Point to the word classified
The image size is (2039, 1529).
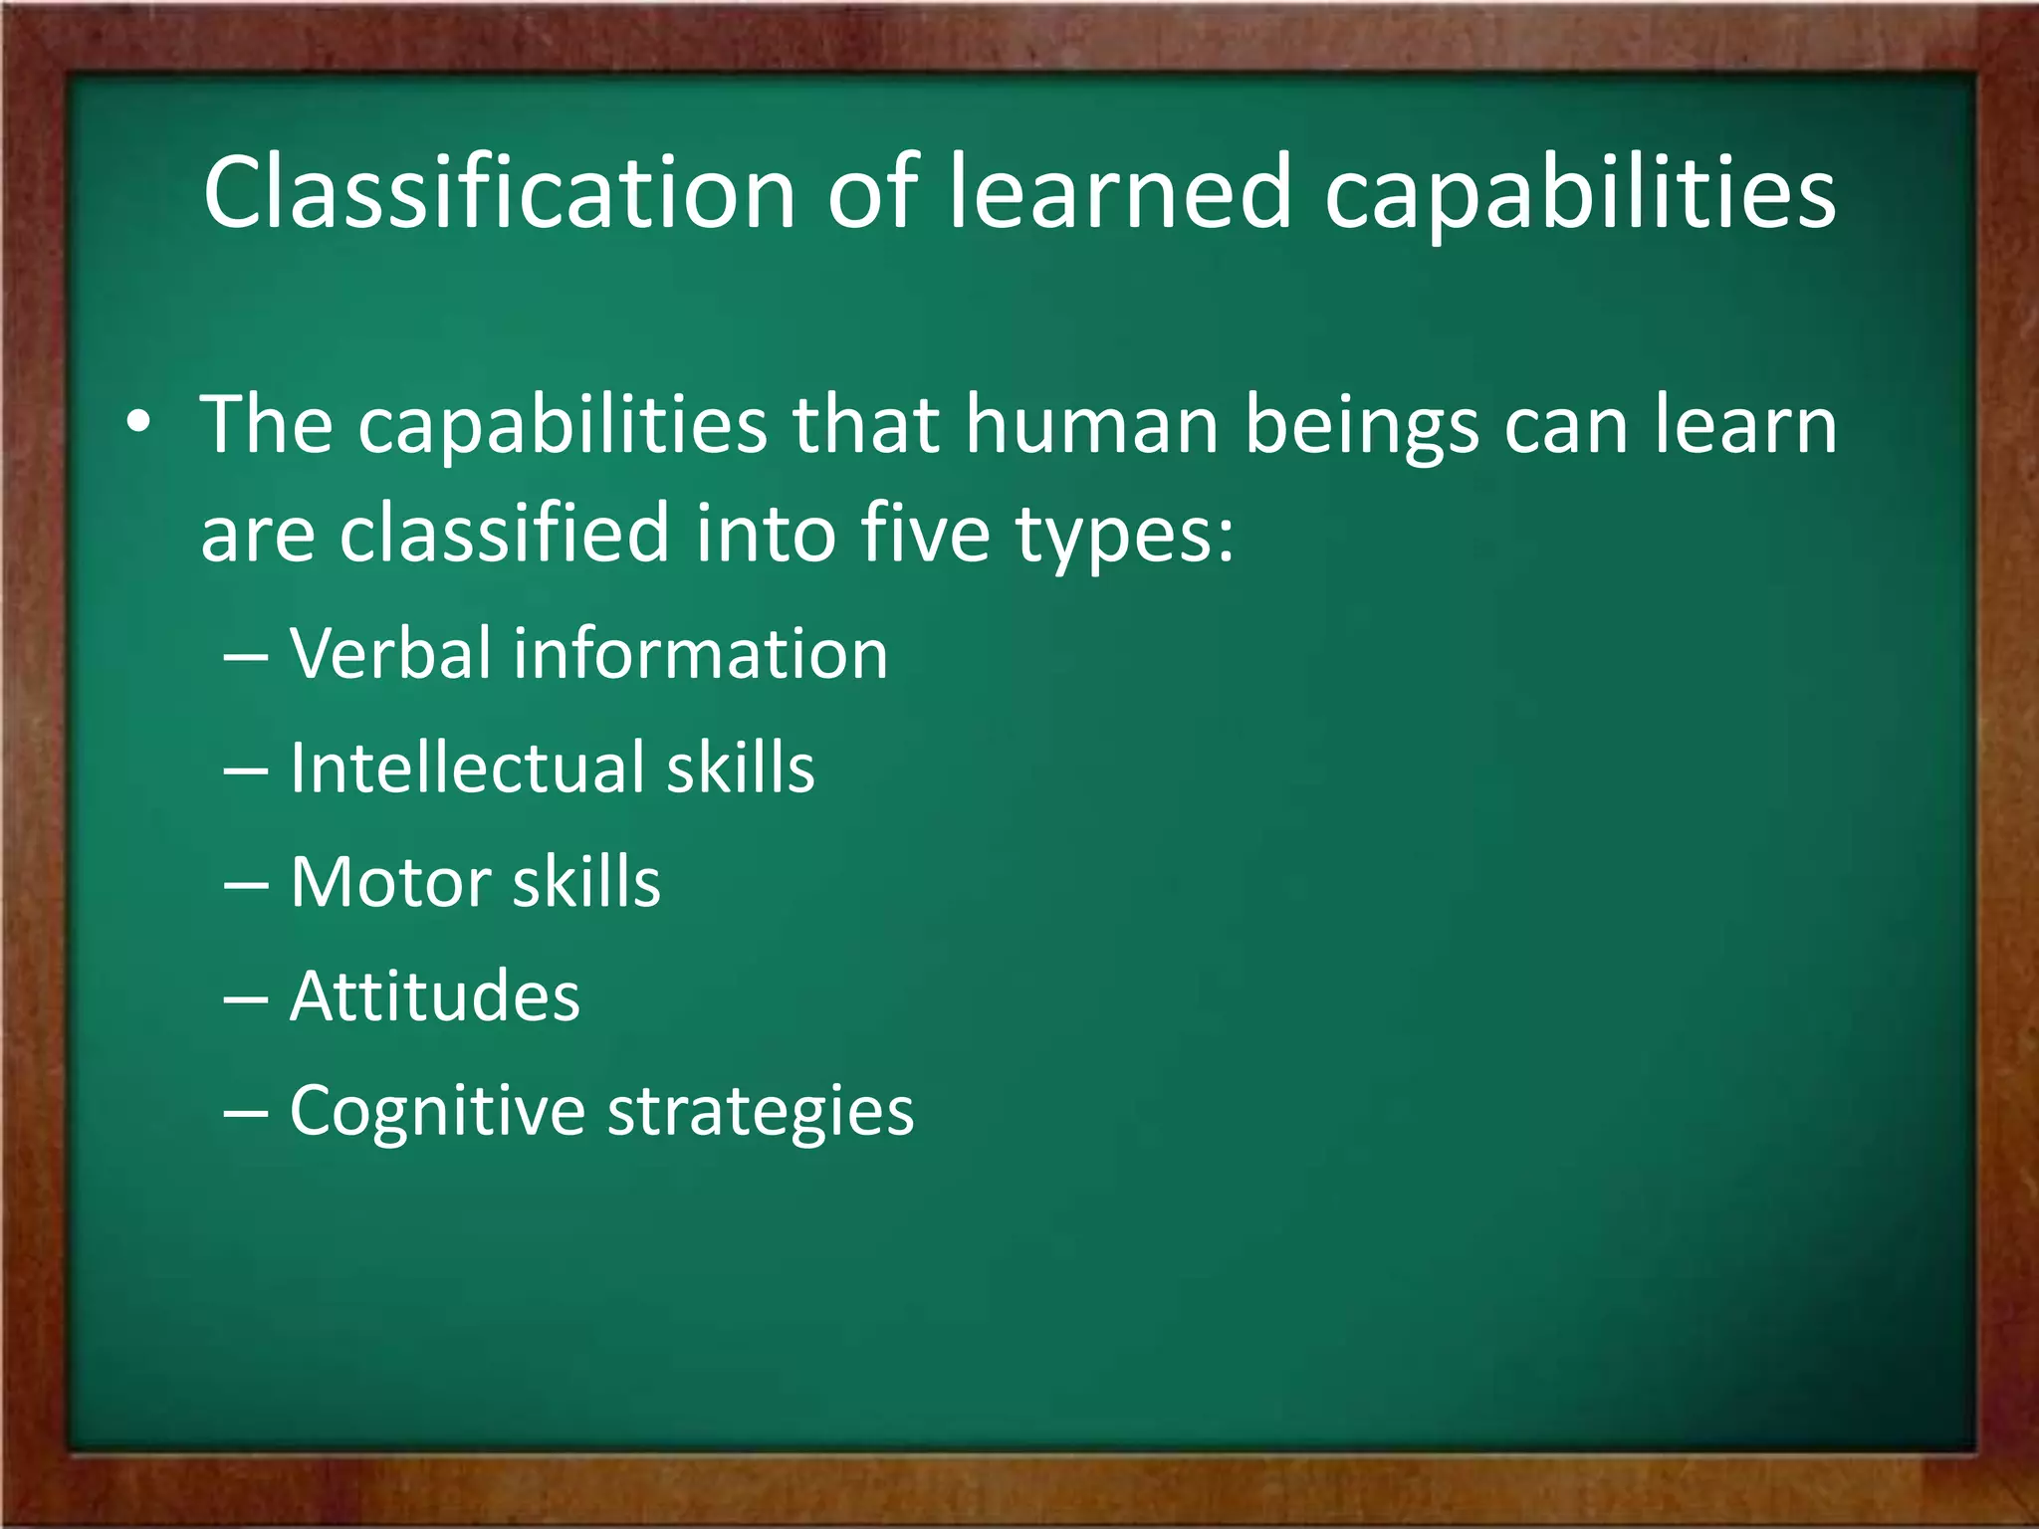pyautogui.click(x=505, y=533)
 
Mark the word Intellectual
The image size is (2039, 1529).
pyautogui.click(x=467, y=768)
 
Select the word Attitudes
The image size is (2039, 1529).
pyautogui.click(x=435, y=996)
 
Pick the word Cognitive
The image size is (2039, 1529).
pyautogui.click(x=437, y=1112)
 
